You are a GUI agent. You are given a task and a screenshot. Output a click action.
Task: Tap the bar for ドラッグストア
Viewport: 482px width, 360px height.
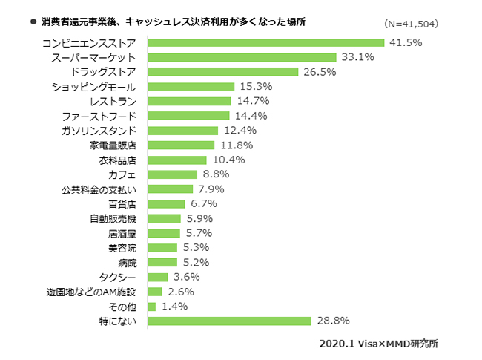pyautogui.click(x=222, y=72)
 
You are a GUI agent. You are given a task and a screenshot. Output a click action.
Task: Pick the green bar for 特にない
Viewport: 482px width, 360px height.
pyautogui.click(x=229, y=321)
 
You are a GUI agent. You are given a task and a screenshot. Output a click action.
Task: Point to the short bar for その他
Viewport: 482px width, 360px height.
pyautogui.click(x=152, y=306)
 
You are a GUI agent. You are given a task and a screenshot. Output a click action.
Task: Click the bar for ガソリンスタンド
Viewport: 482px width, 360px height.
pyautogui.click(x=183, y=131)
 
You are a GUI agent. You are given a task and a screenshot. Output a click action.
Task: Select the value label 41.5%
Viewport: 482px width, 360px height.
pyautogui.click(x=406, y=42)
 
